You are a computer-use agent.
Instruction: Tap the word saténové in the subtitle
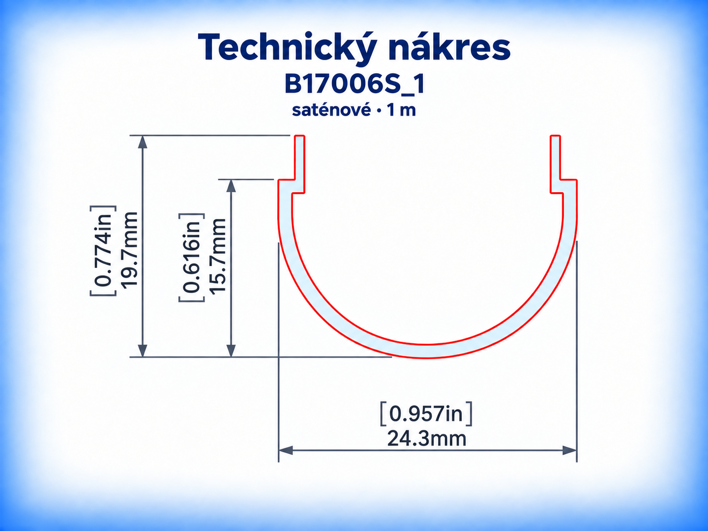[x=331, y=110]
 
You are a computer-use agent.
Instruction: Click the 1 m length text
[x=401, y=111]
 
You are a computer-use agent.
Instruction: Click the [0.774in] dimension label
[x=103, y=250]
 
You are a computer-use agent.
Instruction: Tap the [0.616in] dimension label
[x=192, y=258]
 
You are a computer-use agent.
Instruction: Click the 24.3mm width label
[x=426, y=439]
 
